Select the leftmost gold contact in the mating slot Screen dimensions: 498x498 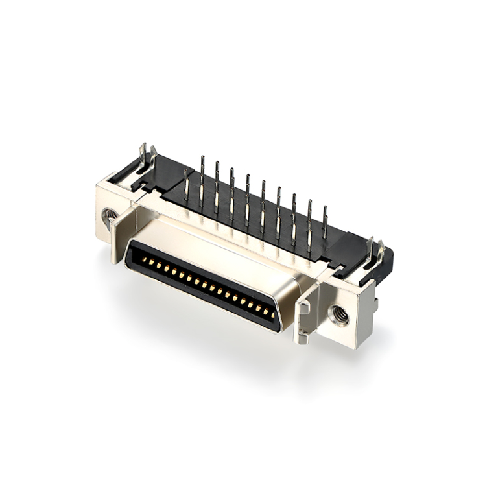pyautogui.click(x=145, y=260)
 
